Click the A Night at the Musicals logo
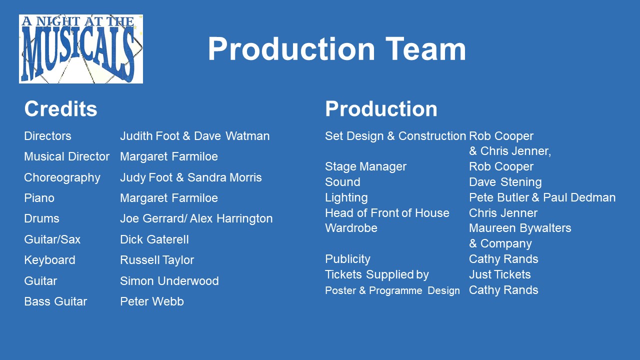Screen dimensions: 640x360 pos(81,49)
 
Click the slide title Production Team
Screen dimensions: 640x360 pos(337,49)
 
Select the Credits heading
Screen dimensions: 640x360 pos(60,109)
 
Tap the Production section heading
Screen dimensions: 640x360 pos(381,109)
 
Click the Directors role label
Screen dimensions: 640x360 pos(47,136)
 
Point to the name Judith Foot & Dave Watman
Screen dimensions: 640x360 pos(195,136)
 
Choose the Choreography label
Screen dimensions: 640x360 pos(62,177)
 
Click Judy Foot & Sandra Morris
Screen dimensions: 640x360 pos(191,177)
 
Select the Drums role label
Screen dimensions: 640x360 pos(41,218)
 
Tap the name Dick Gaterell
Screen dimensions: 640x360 pos(154,239)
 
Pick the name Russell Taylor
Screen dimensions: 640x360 pos(157,260)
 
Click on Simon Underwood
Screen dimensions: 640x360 pos(169,281)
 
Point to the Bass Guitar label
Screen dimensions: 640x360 pos(55,301)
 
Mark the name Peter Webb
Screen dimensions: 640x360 pos(151,301)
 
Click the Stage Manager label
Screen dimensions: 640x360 pos(365,167)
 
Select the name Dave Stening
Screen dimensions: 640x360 pos(505,182)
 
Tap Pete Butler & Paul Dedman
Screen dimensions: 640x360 pos(542,197)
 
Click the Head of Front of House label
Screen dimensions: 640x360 pos(387,213)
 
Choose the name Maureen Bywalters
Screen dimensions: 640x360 pos(520,228)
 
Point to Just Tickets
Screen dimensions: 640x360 pos(499,274)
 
